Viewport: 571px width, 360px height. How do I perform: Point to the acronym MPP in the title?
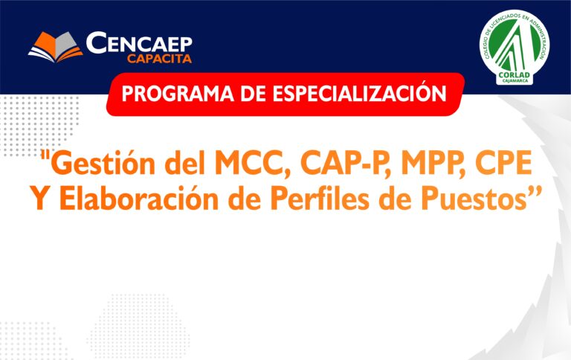(x=430, y=163)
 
